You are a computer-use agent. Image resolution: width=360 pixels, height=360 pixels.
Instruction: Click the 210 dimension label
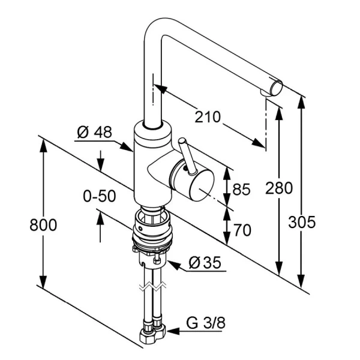click(208, 116)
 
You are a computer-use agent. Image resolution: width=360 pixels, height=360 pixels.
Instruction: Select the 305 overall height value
click(302, 222)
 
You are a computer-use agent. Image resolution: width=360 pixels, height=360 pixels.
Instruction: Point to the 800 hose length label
click(44, 225)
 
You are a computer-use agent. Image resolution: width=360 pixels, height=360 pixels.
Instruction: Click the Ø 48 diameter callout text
click(95, 132)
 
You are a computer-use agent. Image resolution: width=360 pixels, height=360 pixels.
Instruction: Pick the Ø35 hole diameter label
click(205, 262)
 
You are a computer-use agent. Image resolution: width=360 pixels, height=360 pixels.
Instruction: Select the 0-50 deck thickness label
click(100, 196)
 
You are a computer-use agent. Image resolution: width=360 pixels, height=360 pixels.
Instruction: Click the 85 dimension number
click(241, 190)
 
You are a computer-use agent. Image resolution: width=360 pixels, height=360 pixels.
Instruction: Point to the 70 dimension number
click(241, 230)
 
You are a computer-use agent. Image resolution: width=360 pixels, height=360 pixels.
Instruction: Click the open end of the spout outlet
click(275, 88)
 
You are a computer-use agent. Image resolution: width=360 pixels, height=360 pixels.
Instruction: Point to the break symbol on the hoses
click(151, 286)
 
